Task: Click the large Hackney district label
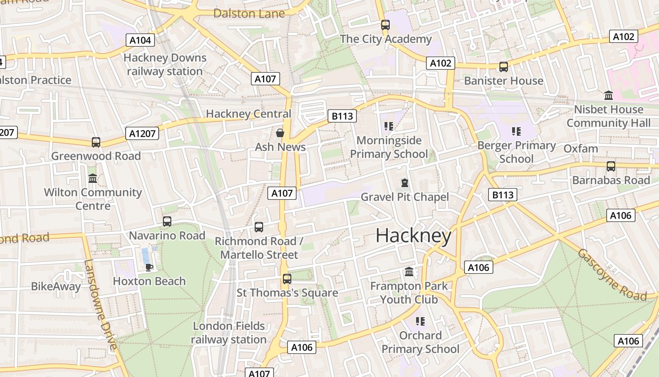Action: (413, 236)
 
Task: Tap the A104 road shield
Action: (140, 40)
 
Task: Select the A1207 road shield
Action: (142, 133)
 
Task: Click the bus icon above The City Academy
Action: (386, 25)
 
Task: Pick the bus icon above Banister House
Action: (504, 67)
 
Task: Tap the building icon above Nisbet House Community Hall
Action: (608, 96)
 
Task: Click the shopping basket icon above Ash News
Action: (280, 133)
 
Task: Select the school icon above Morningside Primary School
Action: (389, 126)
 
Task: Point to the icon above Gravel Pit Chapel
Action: (404, 183)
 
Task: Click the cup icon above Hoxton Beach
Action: (149, 267)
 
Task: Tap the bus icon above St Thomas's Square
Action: (287, 279)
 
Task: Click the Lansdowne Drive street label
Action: (100, 305)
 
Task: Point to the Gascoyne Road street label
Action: (611, 274)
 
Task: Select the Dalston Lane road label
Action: (249, 13)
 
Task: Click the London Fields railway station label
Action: (229, 333)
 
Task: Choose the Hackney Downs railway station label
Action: (165, 65)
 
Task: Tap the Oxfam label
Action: (581, 149)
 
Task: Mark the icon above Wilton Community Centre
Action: (93, 179)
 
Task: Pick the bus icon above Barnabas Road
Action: (611, 166)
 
